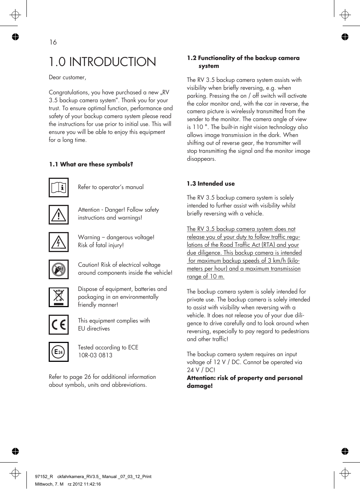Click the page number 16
tap(53, 42)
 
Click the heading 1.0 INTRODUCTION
tap(102, 62)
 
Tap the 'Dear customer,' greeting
tap(68, 77)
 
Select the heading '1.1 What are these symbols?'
tap(91, 165)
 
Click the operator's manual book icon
tap(58, 188)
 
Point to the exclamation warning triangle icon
tap(58, 215)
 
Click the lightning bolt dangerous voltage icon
tap(58, 242)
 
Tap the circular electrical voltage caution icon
tap(58, 269)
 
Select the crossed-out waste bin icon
tap(58, 297)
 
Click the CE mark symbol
tap(58, 324)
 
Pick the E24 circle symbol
tap(58, 352)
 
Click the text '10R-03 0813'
tap(95, 355)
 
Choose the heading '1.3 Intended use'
tap(211, 184)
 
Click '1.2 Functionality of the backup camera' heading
tap(243, 58)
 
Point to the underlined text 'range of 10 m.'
tap(206, 277)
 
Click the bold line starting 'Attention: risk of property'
tap(245, 378)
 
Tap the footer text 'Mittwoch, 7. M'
tap(49, 484)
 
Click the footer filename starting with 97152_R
tap(93, 477)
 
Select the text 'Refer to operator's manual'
tap(111, 187)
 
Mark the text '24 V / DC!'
tap(201, 370)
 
